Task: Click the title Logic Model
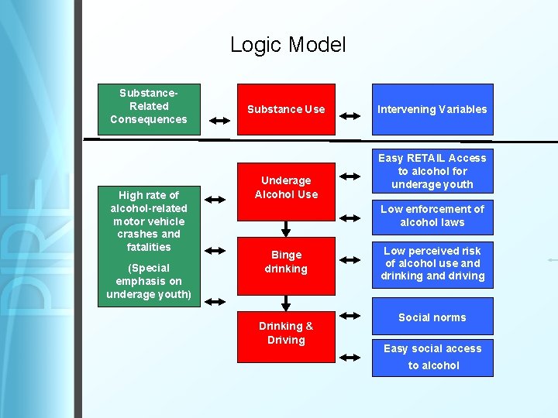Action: tap(288, 45)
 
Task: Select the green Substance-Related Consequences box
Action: tap(149, 108)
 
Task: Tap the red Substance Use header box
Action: tap(286, 109)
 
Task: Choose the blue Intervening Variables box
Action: tap(432, 109)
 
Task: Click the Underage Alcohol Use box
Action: tap(286, 187)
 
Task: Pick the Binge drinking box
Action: tap(286, 262)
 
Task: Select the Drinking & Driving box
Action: tap(286, 333)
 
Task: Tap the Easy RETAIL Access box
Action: tap(432, 171)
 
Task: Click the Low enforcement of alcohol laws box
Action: tap(432, 216)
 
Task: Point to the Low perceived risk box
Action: tap(432, 263)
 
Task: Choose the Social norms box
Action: tap(432, 317)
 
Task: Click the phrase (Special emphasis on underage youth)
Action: tap(149, 281)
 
